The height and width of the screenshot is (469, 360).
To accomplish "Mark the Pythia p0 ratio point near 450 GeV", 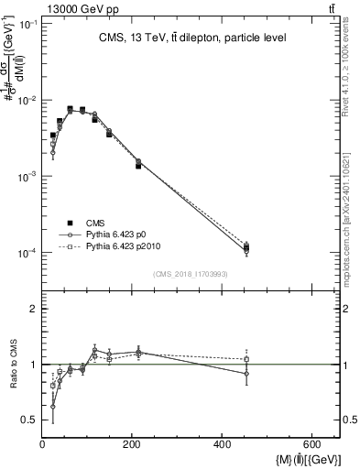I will coord(245,374).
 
